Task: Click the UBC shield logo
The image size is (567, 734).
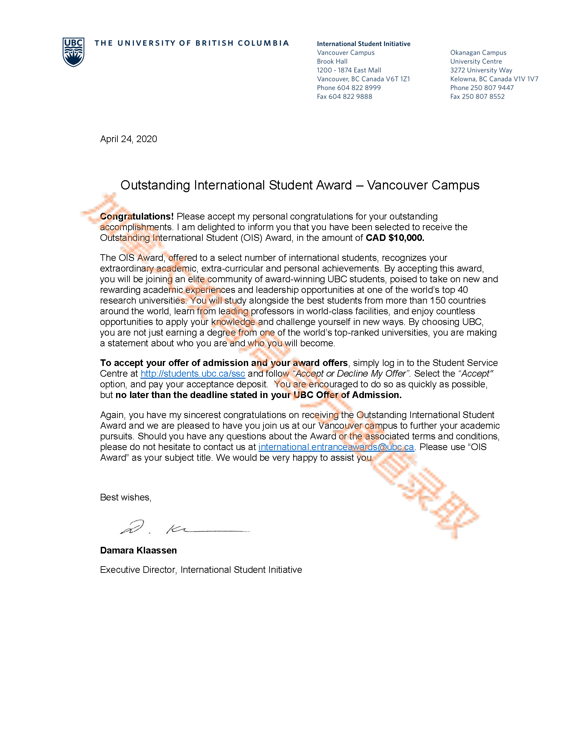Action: click(73, 52)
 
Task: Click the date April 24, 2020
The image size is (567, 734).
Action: click(128, 139)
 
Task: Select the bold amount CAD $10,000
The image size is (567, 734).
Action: click(395, 238)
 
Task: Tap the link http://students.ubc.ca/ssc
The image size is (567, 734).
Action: click(192, 374)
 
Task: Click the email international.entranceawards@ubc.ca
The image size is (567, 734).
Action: click(336, 447)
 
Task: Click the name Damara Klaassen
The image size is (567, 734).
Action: click(138, 550)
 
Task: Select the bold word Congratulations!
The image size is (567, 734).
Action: click(137, 217)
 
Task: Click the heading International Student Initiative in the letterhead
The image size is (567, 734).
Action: click(364, 44)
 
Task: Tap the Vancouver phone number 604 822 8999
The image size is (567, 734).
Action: click(359, 88)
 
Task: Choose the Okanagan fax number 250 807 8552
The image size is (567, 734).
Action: click(483, 96)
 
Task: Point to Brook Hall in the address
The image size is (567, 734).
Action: click(332, 61)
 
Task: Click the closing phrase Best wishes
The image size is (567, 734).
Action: click(126, 497)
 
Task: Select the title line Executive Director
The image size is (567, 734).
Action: click(138, 570)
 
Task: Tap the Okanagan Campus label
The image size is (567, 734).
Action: click(478, 53)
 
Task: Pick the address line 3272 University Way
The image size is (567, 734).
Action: click(481, 70)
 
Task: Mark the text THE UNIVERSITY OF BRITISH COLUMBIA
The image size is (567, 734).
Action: click(191, 43)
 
